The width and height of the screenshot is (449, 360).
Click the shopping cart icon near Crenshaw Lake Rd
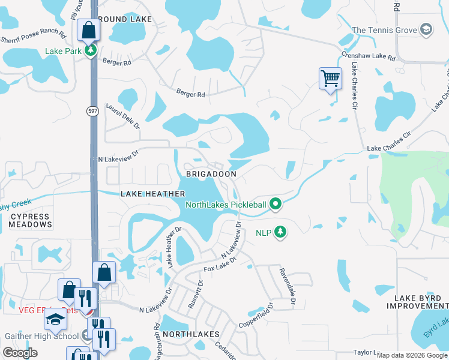[x=330, y=78]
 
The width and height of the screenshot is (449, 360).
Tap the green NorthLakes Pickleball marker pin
[x=276, y=205]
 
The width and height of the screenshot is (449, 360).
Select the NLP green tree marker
[x=280, y=232]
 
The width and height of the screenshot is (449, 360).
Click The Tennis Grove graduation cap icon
[x=426, y=29]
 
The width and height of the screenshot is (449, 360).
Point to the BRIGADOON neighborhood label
[x=211, y=173]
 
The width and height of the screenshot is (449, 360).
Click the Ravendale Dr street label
[x=286, y=284]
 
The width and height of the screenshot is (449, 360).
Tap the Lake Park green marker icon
[x=90, y=50]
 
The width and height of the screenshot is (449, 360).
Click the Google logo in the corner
[x=20, y=352]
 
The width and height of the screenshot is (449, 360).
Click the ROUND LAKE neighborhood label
[x=125, y=19]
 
